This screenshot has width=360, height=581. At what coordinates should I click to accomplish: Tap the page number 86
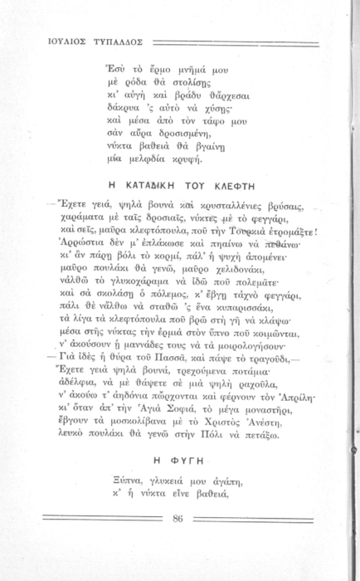pyautogui.click(x=178, y=520)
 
